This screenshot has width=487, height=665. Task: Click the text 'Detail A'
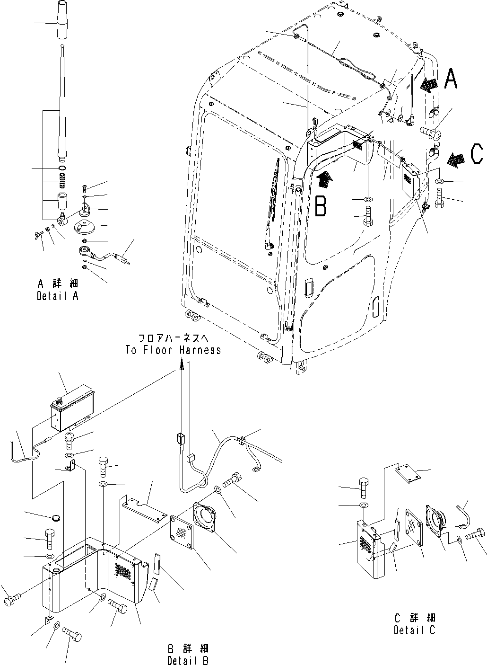click(x=58, y=296)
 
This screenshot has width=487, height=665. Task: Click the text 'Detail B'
click(x=188, y=660)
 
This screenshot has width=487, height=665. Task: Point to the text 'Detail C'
click(x=414, y=630)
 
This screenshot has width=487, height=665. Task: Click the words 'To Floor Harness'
click(x=173, y=350)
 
